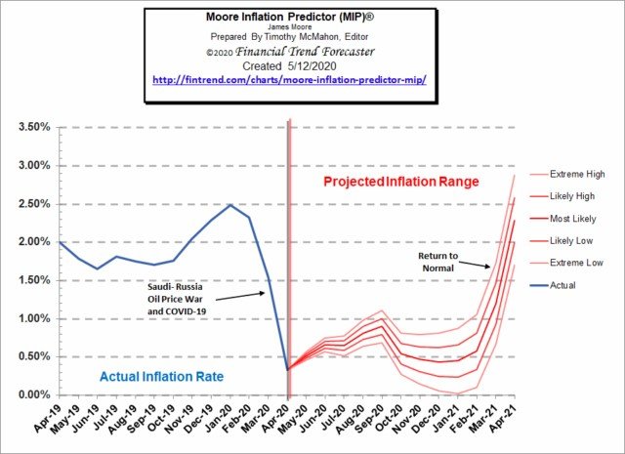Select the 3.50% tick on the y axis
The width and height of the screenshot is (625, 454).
coord(34,127)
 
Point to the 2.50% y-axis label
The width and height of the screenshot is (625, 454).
coord(34,203)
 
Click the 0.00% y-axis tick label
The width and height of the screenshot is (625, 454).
coord(34,394)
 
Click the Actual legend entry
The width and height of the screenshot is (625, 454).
coord(563,285)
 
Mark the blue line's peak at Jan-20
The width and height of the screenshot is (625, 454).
coord(229,205)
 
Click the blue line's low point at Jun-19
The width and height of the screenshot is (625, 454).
coord(97,268)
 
